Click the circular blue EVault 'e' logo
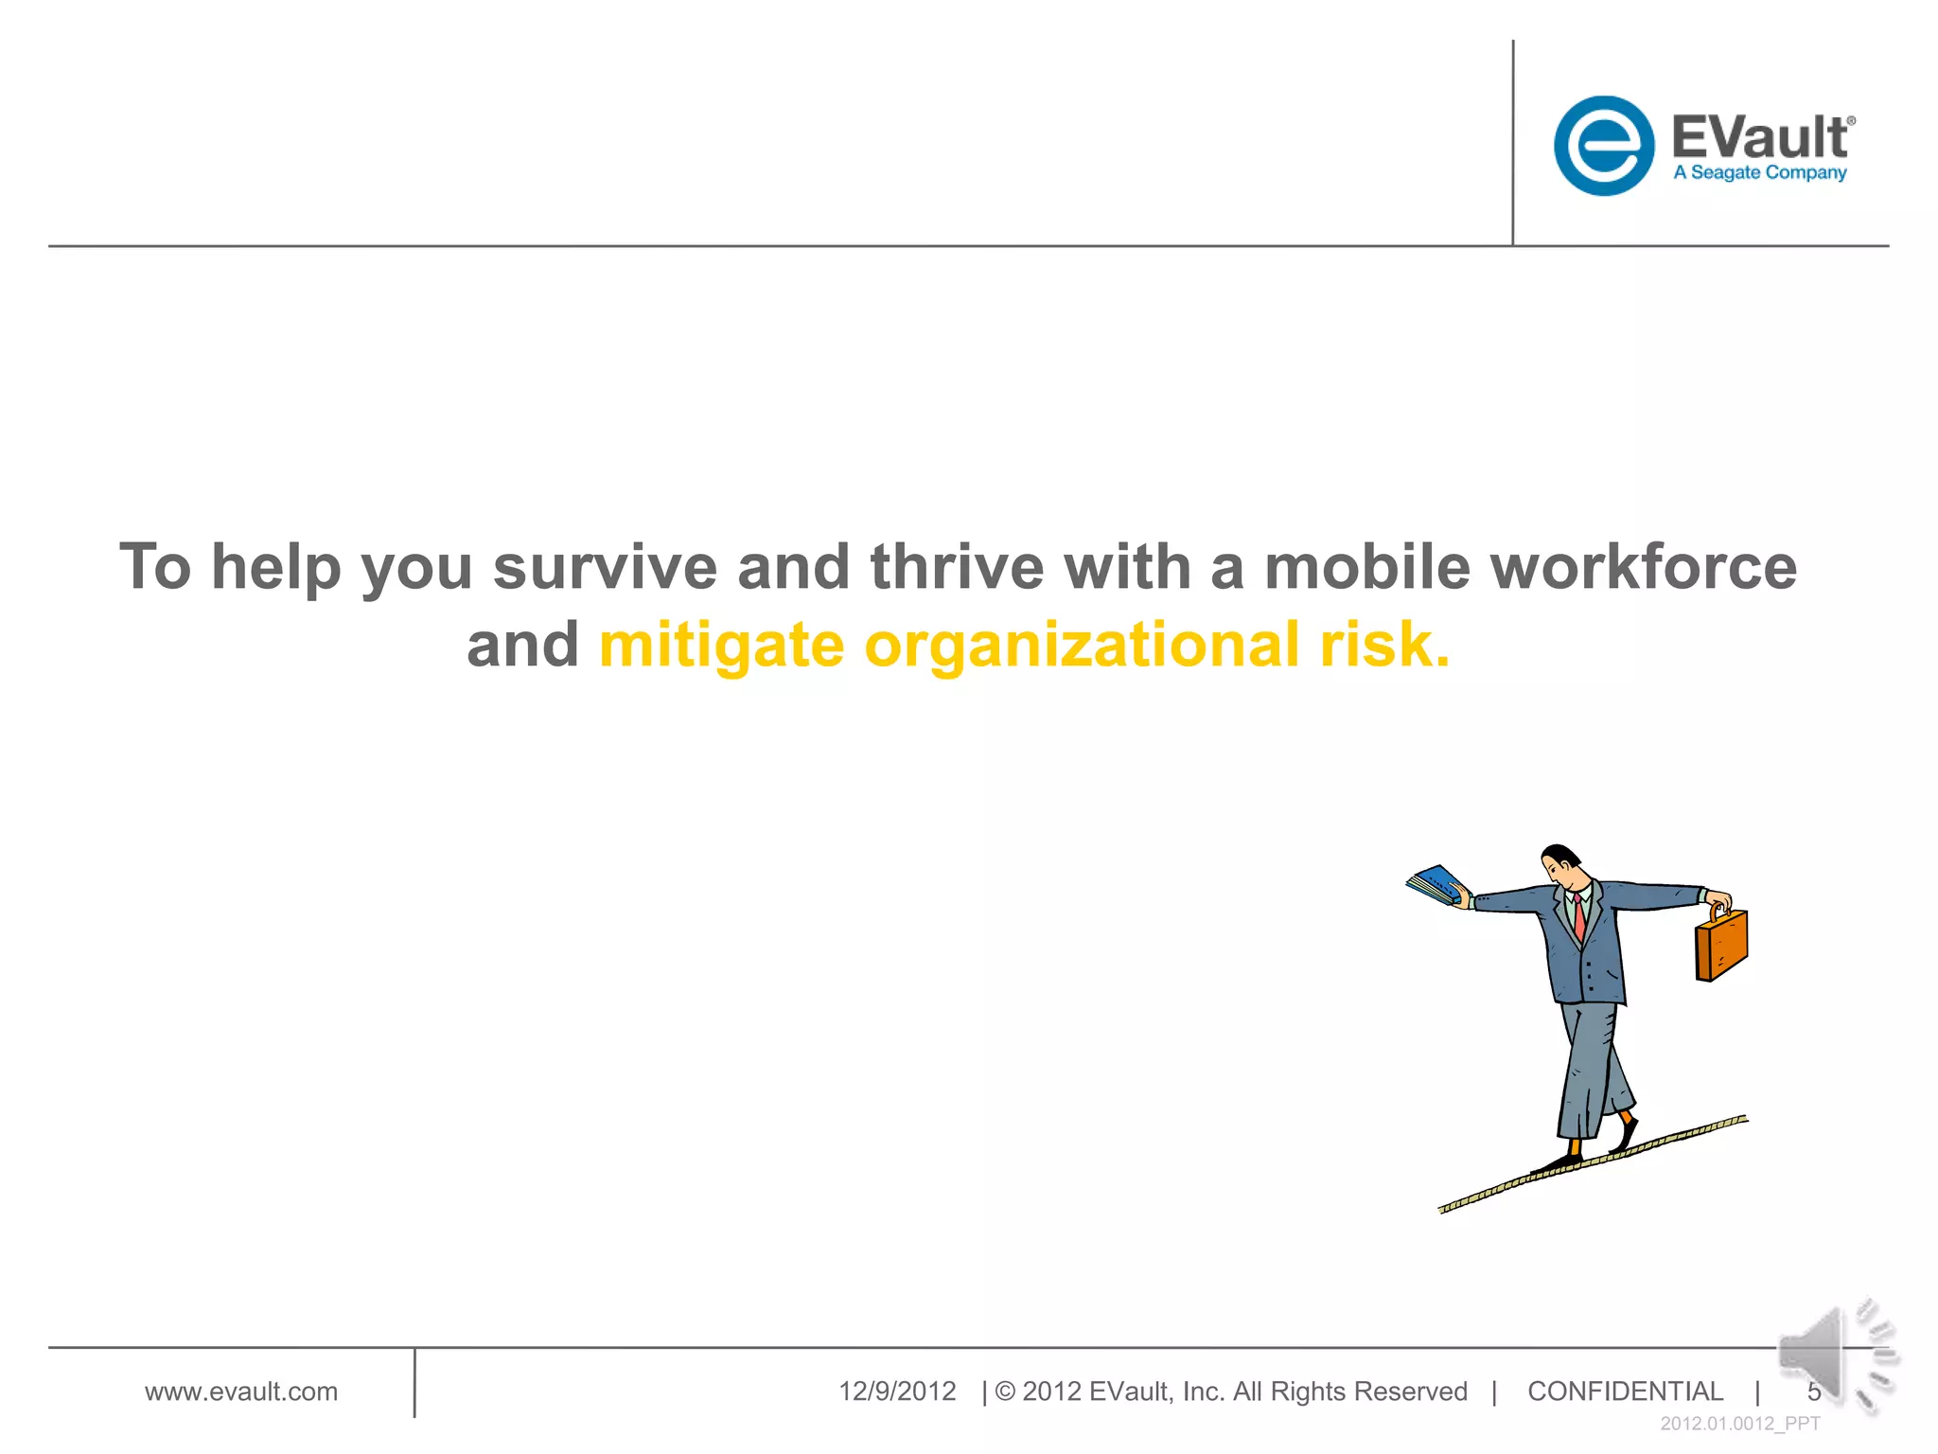(x=1603, y=146)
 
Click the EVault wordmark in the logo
(x=1759, y=137)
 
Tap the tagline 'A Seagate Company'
(x=1759, y=173)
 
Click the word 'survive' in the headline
(x=605, y=567)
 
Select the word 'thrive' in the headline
(x=957, y=567)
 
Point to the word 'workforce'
(x=1643, y=567)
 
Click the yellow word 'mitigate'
(x=721, y=647)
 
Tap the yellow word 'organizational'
(x=1082, y=647)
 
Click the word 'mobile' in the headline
(x=1367, y=567)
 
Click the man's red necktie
(x=1578, y=918)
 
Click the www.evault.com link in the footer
(x=240, y=1392)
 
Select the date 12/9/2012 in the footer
(x=897, y=1392)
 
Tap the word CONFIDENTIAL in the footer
(x=1625, y=1392)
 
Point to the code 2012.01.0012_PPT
(x=1739, y=1424)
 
